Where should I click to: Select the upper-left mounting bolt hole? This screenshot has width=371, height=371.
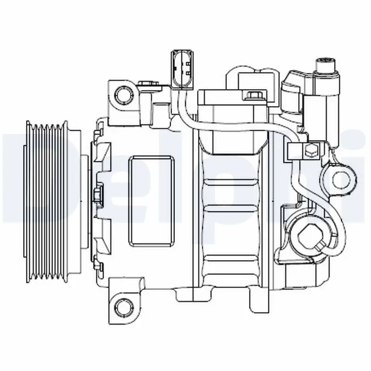124,95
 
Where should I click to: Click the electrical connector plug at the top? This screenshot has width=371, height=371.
182,68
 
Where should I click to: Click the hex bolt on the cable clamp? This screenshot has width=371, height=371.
311,151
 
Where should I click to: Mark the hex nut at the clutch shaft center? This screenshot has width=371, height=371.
97,195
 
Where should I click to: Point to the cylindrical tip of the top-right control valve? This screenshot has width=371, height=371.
326,66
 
